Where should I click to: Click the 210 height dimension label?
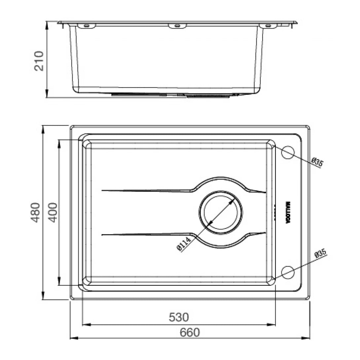click(39, 60)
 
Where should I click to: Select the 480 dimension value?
click(36, 212)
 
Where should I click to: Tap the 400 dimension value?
click(53, 212)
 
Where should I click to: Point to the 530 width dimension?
click(179, 317)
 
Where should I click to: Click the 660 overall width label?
click(190, 332)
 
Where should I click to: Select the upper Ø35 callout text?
click(317, 162)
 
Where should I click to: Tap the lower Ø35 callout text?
click(320, 254)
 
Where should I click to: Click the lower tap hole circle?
click(288, 272)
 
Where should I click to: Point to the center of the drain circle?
click(221, 212)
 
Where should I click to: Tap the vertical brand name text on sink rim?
click(288, 212)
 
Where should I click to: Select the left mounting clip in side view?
click(87, 25)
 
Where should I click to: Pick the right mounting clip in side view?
click(268, 25)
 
